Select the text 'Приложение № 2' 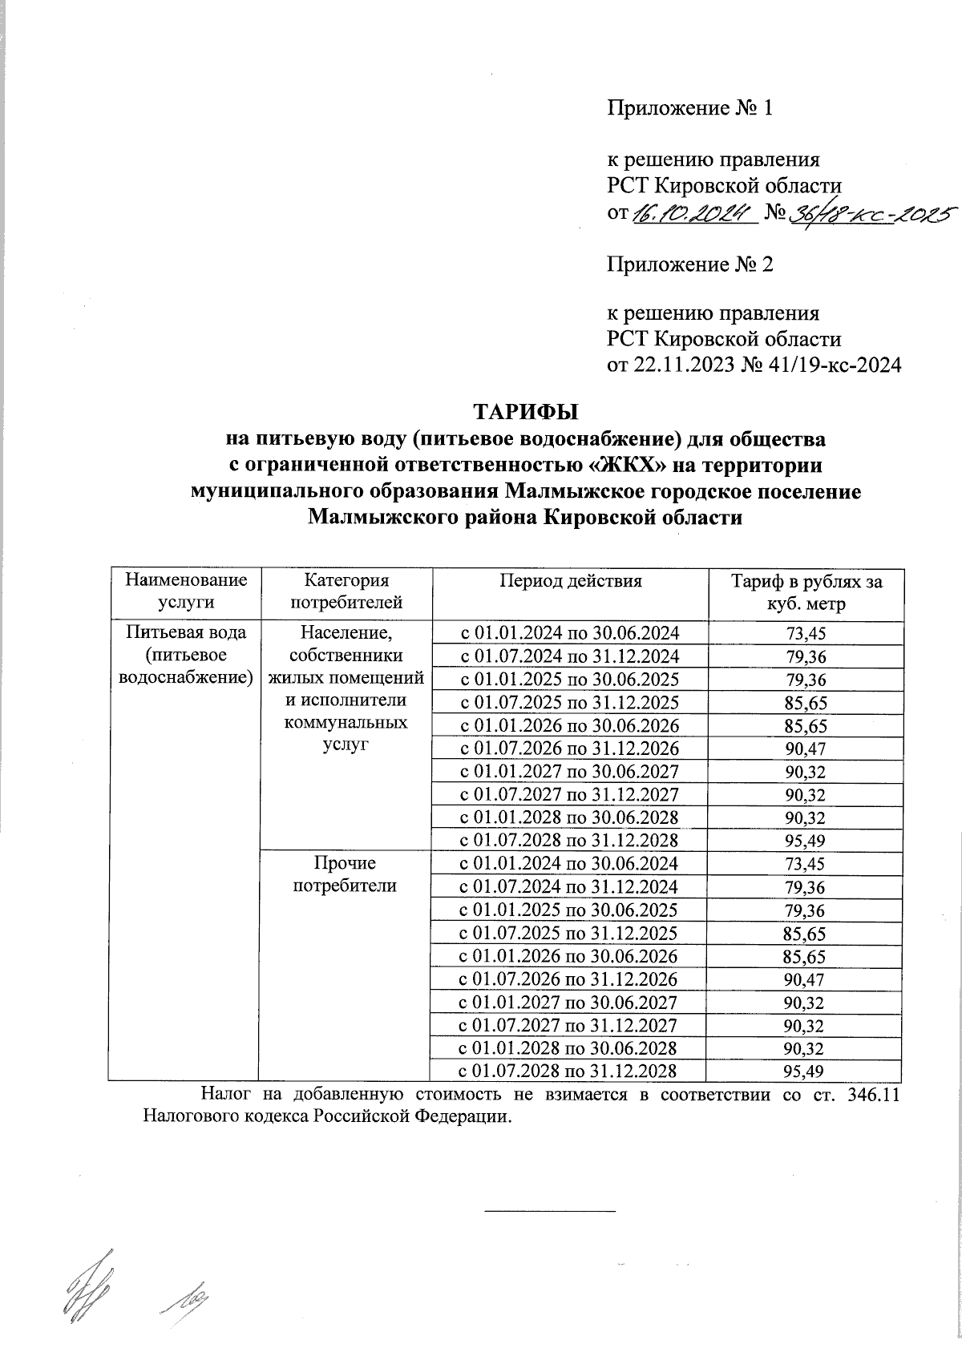[x=689, y=264]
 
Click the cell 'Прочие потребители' [x=345, y=874]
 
